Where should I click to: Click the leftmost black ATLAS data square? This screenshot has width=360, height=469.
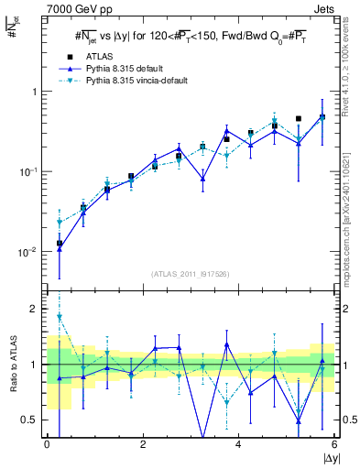(60, 244)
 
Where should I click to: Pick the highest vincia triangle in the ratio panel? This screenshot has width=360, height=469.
(60, 317)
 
